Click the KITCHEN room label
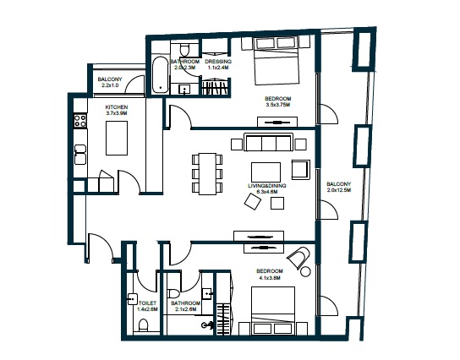(x=117, y=107)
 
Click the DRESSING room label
(x=217, y=62)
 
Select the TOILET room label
(x=149, y=303)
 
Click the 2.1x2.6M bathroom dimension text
(x=184, y=309)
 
